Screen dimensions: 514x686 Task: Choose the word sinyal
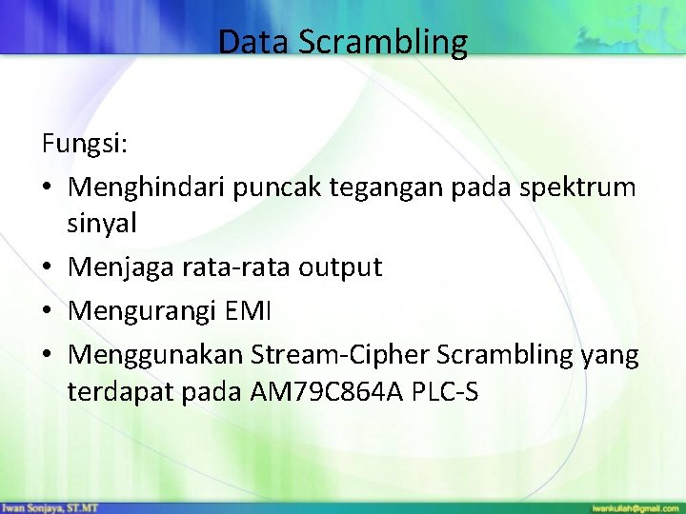click(102, 224)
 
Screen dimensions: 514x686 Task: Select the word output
click(340, 267)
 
